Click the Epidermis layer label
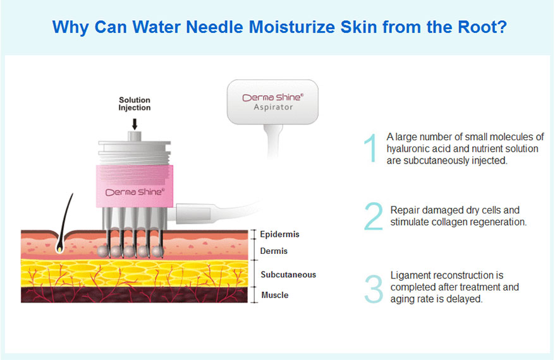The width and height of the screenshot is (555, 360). (x=279, y=234)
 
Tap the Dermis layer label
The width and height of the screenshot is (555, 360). (x=274, y=251)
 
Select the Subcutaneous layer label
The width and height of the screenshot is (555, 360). (x=288, y=275)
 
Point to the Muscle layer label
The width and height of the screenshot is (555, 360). (x=275, y=295)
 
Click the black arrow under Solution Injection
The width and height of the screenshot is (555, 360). (x=135, y=124)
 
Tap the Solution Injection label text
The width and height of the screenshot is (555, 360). (x=135, y=104)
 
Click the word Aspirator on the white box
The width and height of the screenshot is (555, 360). (x=273, y=107)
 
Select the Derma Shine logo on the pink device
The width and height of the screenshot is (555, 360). (x=135, y=192)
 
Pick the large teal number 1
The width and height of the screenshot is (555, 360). (x=370, y=148)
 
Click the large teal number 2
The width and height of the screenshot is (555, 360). (x=374, y=216)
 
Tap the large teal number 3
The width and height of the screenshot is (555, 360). (x=374, y=289)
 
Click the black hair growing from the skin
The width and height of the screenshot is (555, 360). (x=66, y=219)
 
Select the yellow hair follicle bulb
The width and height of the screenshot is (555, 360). (x=60, y=249)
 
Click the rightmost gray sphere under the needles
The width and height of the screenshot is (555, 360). (x=158, y=251)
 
